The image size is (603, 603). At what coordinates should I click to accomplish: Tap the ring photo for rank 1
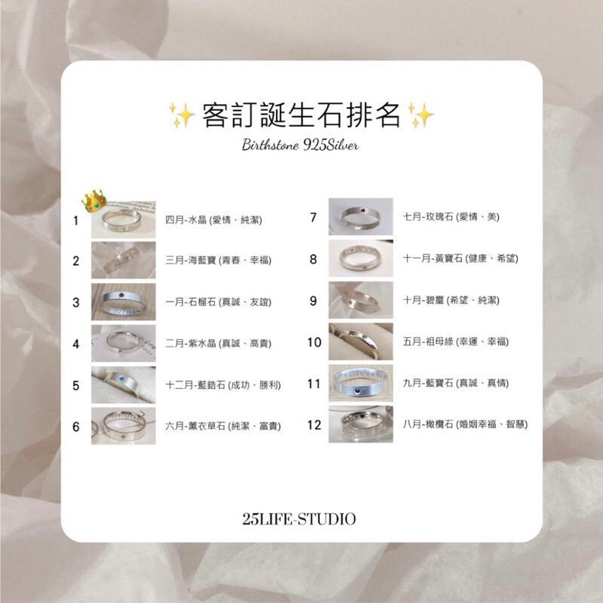124,222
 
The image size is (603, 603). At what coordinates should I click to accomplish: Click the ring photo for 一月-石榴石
124,302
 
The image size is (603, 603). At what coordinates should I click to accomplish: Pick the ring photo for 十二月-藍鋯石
124,384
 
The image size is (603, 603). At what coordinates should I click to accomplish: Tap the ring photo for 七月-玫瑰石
362,217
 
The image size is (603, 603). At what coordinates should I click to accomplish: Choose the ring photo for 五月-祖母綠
362,341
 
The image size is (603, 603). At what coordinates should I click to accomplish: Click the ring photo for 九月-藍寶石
362,383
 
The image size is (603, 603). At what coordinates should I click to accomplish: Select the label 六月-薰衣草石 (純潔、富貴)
223,427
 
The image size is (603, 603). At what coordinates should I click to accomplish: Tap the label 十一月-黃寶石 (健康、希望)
460,259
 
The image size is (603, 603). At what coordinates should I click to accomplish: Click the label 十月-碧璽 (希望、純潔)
450,300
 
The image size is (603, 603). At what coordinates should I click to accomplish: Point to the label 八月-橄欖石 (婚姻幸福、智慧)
465,424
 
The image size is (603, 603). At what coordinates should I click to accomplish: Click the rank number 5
76,385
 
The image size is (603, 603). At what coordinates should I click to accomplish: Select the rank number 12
314,425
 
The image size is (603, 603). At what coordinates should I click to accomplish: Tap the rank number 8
314,260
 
